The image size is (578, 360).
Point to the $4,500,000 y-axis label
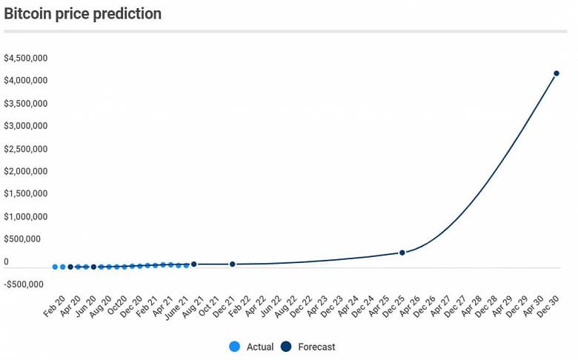(26, 58)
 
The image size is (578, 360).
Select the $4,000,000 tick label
(26, 80)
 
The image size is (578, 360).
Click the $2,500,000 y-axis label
(26, 149)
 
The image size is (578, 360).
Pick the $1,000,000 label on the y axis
(26, 217)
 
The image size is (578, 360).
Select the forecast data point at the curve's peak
(556, 73)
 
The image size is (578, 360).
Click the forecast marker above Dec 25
(402, 253)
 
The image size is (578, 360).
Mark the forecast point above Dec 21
(232, 264)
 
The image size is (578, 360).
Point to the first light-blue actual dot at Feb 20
(55, 267)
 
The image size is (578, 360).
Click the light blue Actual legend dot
(234, 347)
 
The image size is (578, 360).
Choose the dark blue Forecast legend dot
(287, 347)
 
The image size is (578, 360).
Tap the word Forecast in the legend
(316, 347)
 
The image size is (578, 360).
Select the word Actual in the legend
(259, 347)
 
